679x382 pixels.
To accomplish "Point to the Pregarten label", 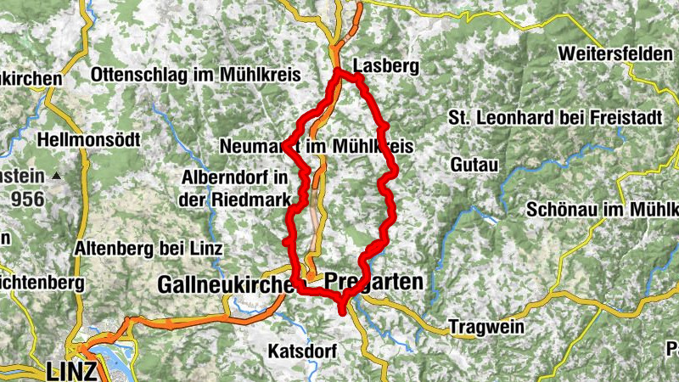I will pyautogui.click(x=373, y=283).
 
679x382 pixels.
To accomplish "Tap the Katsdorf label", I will pyautogui.click(x=302, y=350).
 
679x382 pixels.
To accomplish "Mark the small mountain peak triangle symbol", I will pyautogui.click(x=57, y=176).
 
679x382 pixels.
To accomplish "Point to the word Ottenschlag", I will pyautogui.click(x=142, y=74).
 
